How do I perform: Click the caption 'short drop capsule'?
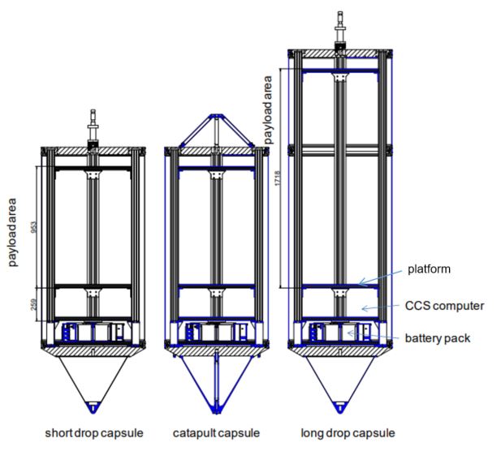point(94,433)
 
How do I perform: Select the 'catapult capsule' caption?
point(216,433)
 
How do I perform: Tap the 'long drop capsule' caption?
point(348,433)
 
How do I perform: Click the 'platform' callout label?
point(429,269)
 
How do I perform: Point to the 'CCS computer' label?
point(444,306)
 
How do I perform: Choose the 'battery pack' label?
point(438,338)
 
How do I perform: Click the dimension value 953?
point(35,227)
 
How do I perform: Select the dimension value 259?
point(35,304)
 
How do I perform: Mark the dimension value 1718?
point(278,178)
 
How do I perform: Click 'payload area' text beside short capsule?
point(12,233)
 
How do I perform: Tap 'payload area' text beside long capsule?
point(269,110)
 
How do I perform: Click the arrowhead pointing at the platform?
point(361,281)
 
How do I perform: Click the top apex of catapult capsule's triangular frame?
point(216,115)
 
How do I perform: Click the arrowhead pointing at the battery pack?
point(349,333)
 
